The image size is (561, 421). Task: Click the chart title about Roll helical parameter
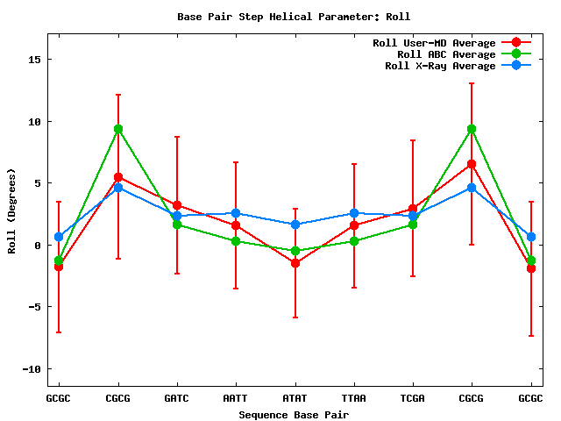coord(294,17)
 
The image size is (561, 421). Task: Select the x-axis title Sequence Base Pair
coord(294,414)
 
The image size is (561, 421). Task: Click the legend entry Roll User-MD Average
coord(434,43)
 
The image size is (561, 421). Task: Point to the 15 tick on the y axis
coord(35,60)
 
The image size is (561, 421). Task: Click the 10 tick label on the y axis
coord(35,121)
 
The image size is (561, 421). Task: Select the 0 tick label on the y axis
coord(38,245)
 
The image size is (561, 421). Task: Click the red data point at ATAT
coord(295,263)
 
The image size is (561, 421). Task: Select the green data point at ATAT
coord(295,251)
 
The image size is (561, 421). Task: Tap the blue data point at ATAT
coord(295,225)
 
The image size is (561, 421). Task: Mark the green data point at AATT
coord(236,241)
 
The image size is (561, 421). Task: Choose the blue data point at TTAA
coord(353,213)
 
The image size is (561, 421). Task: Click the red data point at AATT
coord(236,225)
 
